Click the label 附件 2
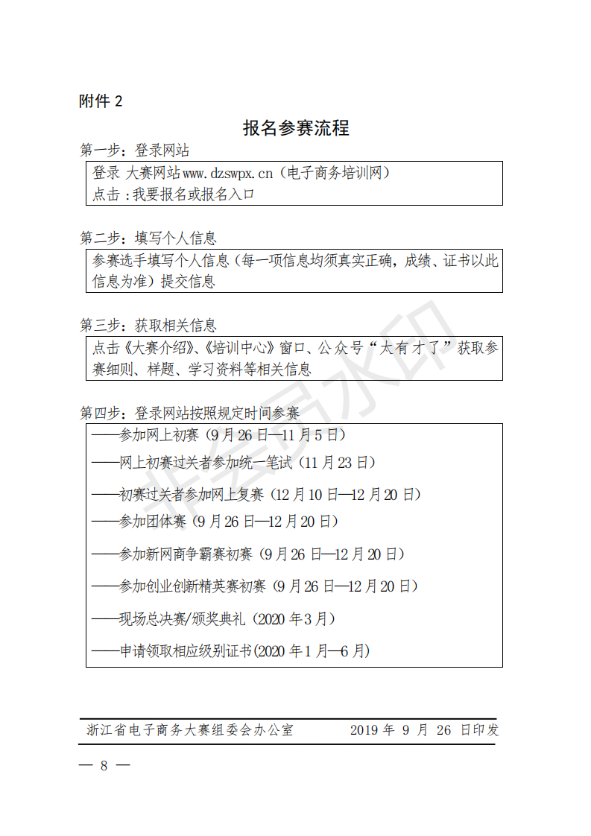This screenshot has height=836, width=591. pos(101,101)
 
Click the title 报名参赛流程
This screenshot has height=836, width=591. pos(296,128)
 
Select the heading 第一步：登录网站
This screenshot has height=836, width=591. pos(135,151)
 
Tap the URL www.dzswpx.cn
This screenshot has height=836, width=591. pos(228,173)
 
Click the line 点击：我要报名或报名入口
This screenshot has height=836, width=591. pos(174,194)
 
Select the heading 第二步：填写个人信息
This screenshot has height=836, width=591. pos(148,238)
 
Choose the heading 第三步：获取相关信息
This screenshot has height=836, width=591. pos(148,326)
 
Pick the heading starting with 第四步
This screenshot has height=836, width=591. pos(189,413)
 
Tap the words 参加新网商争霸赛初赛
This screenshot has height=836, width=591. pos(186,554)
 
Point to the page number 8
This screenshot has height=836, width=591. pos(104,766)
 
